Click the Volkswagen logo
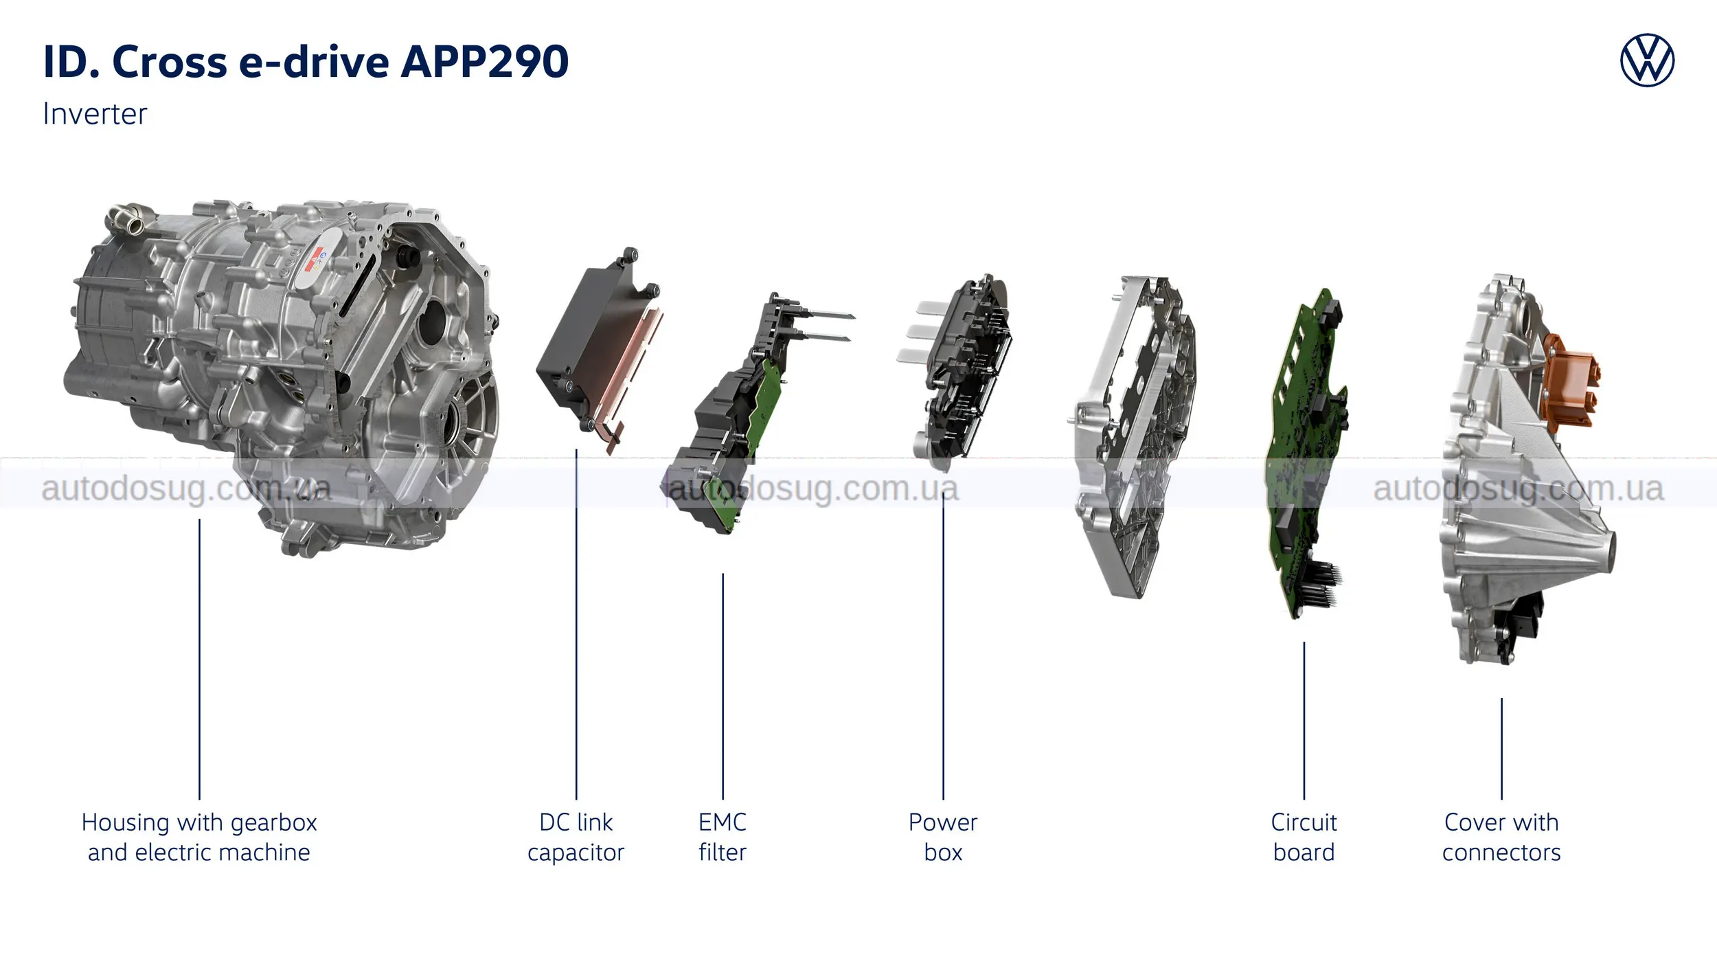click(1647, 60)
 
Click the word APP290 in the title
click(484, 62)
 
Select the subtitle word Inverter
click(95, 114)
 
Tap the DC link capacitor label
click(576, 837)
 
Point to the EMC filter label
click(723, 837)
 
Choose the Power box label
click(943, 837)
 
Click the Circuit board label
click(1304, 837)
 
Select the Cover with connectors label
click(1501, 837)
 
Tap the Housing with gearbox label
click(199, 837)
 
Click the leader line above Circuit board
click(1304, 721)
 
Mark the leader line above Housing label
click(199, 660)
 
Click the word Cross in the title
click(169, 62)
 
